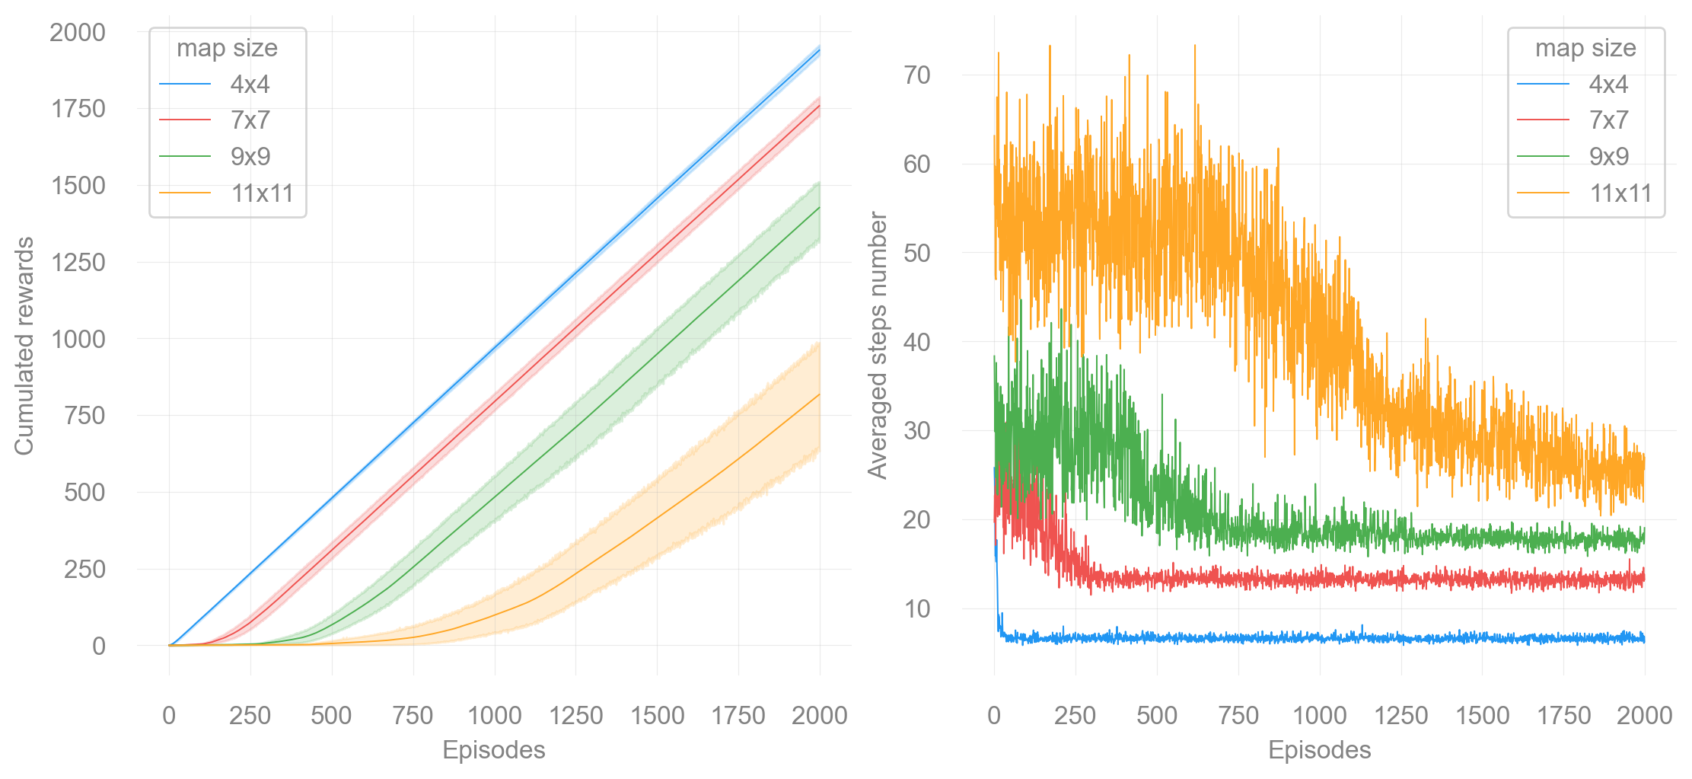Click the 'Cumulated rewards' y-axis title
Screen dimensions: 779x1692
coord(24,346)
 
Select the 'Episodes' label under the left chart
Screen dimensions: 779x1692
coord(493,750)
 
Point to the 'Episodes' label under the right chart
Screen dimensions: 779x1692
coord(1319,750)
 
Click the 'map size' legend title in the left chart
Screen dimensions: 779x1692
coord(227,48)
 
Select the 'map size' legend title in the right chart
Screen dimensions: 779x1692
coord(1585,48)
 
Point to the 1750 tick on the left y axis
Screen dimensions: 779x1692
coord(78,109)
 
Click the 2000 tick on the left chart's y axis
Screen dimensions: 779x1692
coord(78,32)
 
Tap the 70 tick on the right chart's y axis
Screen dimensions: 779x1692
coord(917,75)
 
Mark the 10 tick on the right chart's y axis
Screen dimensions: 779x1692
coord(917,608)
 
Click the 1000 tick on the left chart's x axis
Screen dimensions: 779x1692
coord(494,716)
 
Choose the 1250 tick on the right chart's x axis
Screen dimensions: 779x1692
coord(1400,716)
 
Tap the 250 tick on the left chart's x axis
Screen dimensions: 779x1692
coord(250,716)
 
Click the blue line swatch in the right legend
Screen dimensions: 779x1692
coord(1543,84)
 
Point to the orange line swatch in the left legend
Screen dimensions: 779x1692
coord(185,193)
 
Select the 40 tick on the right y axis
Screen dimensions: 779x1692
coord(917,342)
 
